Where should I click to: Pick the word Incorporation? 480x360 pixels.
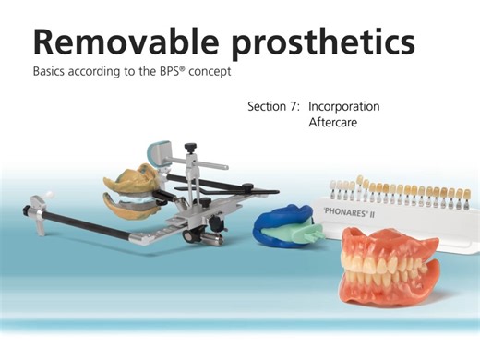coord(344,106)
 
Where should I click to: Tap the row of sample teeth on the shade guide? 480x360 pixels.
coord(388,188)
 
